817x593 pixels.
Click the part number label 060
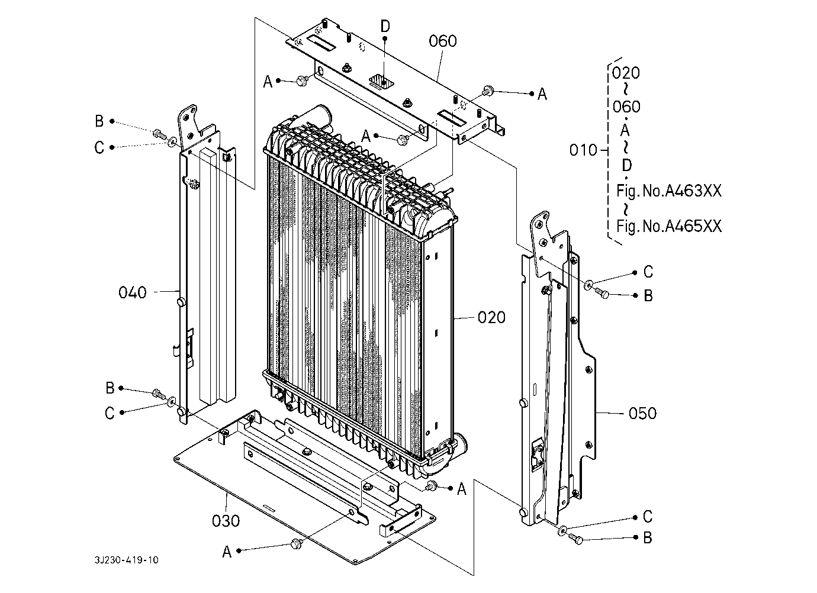(x=442, y=41)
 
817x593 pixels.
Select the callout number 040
(x=133, y=292)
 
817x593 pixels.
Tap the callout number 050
(x=642, y=414)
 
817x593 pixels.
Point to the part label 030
(x=226, y=521)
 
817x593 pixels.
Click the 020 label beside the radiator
(x=491, y=318)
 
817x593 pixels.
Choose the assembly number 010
(x=583, y=150)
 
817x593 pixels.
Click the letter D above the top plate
(x=385, y=26)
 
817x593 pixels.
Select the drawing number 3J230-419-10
(x=127, y=560)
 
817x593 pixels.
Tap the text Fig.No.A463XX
(x=668, y=191)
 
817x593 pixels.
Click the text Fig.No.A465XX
(x=668, y=226)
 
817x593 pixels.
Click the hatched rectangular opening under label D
(x=382, y=81)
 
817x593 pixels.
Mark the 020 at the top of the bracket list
(x=626, y=73)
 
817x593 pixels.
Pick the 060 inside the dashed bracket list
(x=626, y=107)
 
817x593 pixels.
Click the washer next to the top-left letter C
(x=172, y=141)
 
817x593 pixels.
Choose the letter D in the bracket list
(x=626, y=166)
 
